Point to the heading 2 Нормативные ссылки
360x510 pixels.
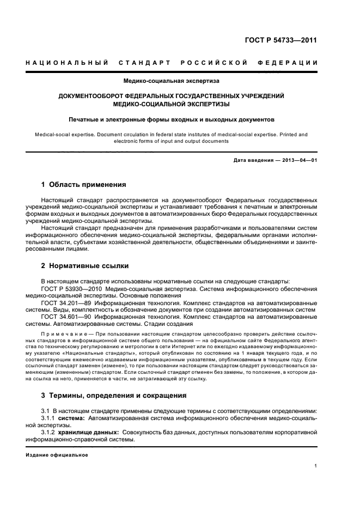[85, 266]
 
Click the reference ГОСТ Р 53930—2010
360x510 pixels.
[71, 288]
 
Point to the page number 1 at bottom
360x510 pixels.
[316, 466]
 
